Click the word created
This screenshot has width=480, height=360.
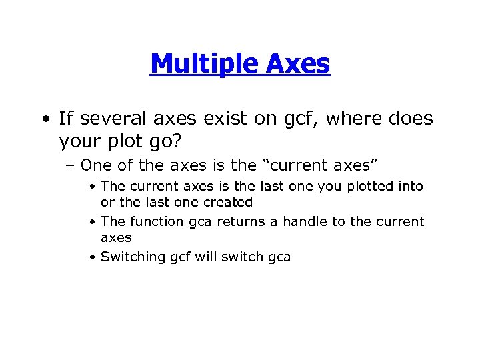[228, 202]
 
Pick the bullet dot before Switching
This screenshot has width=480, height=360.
[93, 257]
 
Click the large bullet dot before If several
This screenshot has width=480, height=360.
[44, 120]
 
